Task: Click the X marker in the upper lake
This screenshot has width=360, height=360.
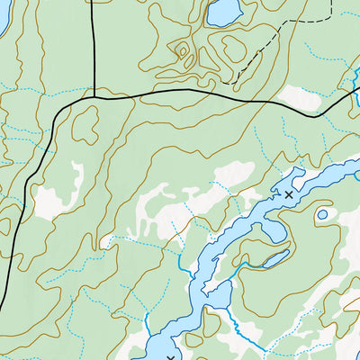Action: click(288, 194)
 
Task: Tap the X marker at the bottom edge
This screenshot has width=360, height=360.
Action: click(170, 357)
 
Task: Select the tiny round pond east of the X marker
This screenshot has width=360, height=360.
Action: click(322, 214)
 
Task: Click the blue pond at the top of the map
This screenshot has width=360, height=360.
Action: click(223, 12)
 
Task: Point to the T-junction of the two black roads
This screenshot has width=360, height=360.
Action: click(94, 96)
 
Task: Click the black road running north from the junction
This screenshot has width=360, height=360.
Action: click(93, 45)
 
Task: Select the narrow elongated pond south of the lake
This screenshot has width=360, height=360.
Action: click(270, 260)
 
